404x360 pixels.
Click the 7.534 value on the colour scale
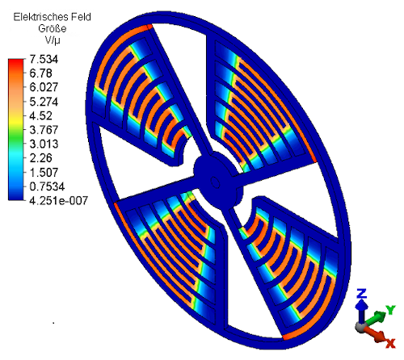tap(44, 59)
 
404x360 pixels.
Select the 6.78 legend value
tap(40, 73)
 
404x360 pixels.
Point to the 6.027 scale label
tap(44, 87)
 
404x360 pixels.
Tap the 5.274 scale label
tap(44, 102)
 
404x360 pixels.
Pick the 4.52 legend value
tap(40, 115)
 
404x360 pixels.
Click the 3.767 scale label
tap(44, 130)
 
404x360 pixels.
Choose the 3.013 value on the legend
tap(44, 144)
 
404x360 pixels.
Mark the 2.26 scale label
tap(40, 158)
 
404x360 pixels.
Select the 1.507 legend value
tap(44, 172)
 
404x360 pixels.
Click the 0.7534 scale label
tap(47, 186)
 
